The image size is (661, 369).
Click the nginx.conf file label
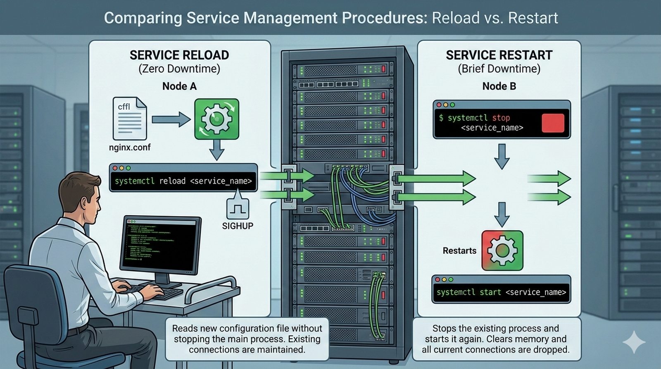pyautogui.click(x=130, y=147)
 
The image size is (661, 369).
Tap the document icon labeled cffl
pyautogui.click(x=129, y=119)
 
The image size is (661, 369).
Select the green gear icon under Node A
pyautogui.click(x=216, y=119)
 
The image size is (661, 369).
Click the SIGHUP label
pyautogui.click(x=238, y=226)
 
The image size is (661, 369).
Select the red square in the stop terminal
pyautogui.click(x=553, y=123)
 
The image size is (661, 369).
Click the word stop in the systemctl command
pyautogui.click(x=501, y=118)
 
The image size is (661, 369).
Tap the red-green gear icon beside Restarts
pyautogui.click(x=502, y=250)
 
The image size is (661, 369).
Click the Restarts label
pyautogui.click(x=459, y=251)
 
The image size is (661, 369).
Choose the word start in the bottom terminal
pyautogui.click(x=490, y=292)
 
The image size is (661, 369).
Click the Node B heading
pyautogui.click(x=499, y=86)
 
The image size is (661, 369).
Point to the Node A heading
pyautogui.click(x=179, y=86)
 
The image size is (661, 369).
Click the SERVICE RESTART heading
pyautogui.click(x=499, y=55)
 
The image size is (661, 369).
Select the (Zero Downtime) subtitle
pyautogui.click(x=179, y=69)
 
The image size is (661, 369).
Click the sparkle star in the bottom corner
pyautogui.click(x=634, y=343)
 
